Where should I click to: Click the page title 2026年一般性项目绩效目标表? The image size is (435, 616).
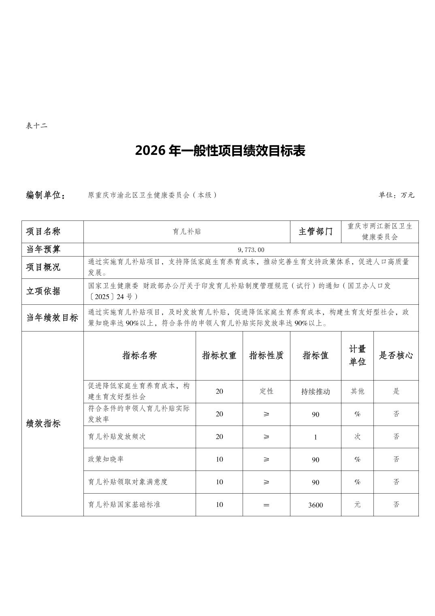click(220, 151)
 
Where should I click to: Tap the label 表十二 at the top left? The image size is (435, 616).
click(36, 126)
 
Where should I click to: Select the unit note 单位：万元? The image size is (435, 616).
click(396, 195)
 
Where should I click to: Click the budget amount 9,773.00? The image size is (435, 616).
click(251, 250)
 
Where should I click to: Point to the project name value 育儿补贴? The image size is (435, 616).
click(187, 232)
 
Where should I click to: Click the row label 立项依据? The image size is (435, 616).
click(43, 291)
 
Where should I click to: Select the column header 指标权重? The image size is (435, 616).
click(219, 355)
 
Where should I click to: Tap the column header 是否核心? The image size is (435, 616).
click(396, 355)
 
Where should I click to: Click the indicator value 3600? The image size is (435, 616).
click(315, 505)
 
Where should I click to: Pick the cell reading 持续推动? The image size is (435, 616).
click(315, 391)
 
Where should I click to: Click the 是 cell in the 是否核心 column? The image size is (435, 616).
click(396, 391)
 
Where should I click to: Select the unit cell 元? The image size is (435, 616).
click(357, 505)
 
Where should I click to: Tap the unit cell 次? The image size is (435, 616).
click(357, 436)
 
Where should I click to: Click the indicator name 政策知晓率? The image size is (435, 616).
click(106, 459)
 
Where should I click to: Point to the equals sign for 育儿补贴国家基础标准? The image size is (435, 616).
click(266, 505)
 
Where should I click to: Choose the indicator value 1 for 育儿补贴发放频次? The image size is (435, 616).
click(315, 437)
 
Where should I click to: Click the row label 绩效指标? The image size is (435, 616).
click(43, 423)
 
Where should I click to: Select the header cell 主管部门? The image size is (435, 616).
click(316, 232)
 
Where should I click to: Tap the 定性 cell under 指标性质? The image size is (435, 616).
click(266, 391)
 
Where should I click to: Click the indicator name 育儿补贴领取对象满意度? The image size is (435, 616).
click(128, 482)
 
